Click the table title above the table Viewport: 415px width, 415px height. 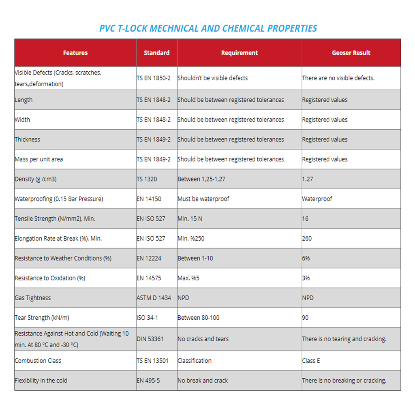pyautogui.click(x=208, y=28)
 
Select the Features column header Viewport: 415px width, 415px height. pyautogui.click(x=75, y=53)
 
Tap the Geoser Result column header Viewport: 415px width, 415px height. pyautogui.click(x=351, y=53)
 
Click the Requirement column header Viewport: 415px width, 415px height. pyautogui.click(x=239, y=53)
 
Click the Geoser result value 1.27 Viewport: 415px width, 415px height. pyautogui.click(x=308, y=179)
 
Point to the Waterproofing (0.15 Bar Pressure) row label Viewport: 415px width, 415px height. pyautogui.click(x=59, y=199)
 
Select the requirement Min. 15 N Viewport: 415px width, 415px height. pyautogui.click(x=190, y=219)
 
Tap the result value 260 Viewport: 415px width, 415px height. pyautogui.click(x=307, y=239)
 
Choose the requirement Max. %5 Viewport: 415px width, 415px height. pyautogui.click(x=188, y=278)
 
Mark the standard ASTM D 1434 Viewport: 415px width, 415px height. pyautogui.click(x=154, y=298)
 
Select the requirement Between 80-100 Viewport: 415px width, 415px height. pyautogui.click(x=199, y=318)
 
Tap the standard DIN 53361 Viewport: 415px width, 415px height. pyautogui.click(x=150, y=339)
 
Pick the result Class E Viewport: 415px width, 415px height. pyautogui.click(x=311, y=361)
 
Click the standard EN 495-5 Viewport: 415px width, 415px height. pyautogui.click(x=148, y=381)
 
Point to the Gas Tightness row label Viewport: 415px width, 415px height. pyautogui.click(x=33, y=298)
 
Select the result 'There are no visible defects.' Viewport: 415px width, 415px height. pyautogui.click(x=338, y=78)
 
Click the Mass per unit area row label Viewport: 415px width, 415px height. pyautogui.click(x=39, y=159)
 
